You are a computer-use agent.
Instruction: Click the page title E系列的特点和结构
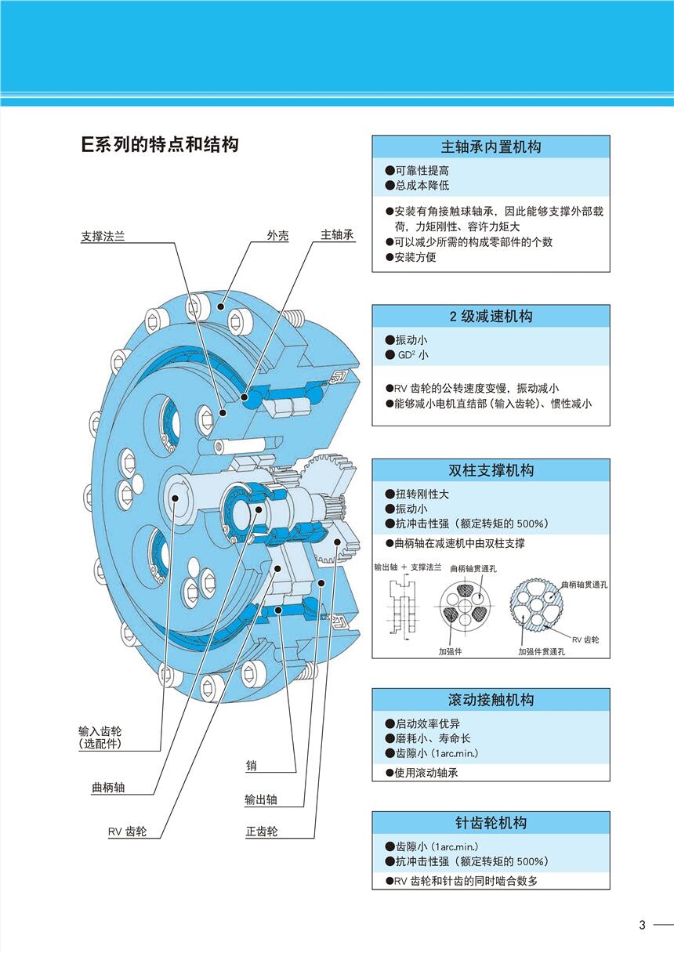pyautogui.click(x=160, y=145)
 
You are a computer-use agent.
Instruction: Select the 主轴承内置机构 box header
pyautogui.click(x=491, y=147)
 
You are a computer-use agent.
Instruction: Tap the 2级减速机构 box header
pyautogui.click(x=491, y=317)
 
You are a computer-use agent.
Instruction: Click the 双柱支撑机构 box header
pyautogui.click(x=491, y=470)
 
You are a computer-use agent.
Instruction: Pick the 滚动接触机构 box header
pyautogui.click(x=491, y=700)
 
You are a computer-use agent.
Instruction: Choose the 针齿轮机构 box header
pyautogui.click(x=491, y=823)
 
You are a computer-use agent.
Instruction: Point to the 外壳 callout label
pyautogui.click(x=277, y=236)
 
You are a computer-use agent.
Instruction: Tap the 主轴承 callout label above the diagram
pyautogui.click(x=338, y=236)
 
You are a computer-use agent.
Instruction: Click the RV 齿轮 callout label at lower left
pyautogui.click(x=127, y=832)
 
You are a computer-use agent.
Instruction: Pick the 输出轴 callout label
pyautogui.click(x=261, y=800)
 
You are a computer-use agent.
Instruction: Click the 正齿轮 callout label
pyautogui.click(x=261, y=832)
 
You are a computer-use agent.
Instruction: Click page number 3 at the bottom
pyautogui.click(x=642, y=925)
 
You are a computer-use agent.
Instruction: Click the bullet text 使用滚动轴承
pyautogui.click(x=426, y=773)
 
